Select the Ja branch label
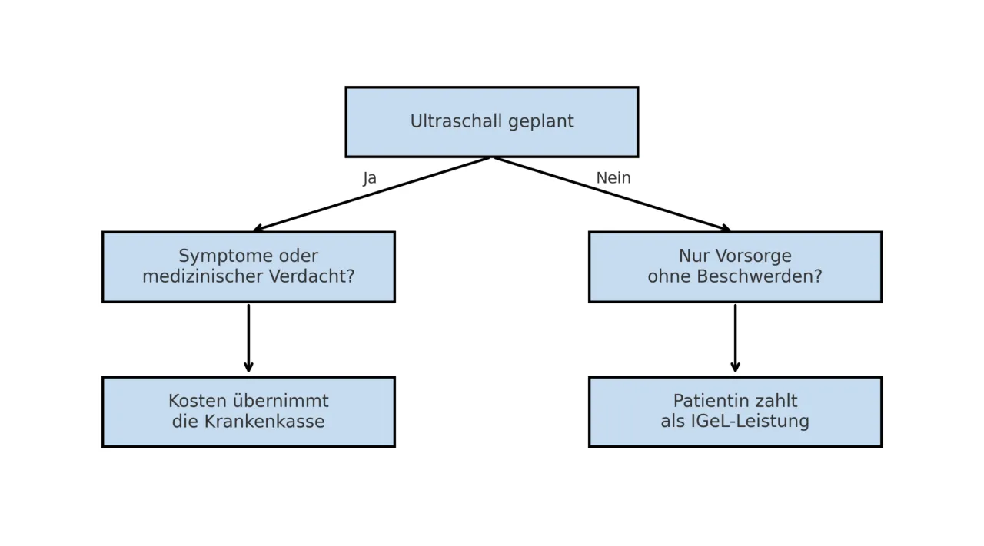tap(370, 178)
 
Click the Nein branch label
tap(613, 178)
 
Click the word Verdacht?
tap(317, 276)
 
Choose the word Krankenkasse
tap(264, 422)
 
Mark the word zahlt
tap(775, 402)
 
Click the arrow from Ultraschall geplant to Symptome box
tap(372, 194)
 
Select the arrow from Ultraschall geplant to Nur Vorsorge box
tap(612, 194)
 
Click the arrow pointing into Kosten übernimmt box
tap(248, 338)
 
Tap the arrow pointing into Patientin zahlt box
tap(735, 338)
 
